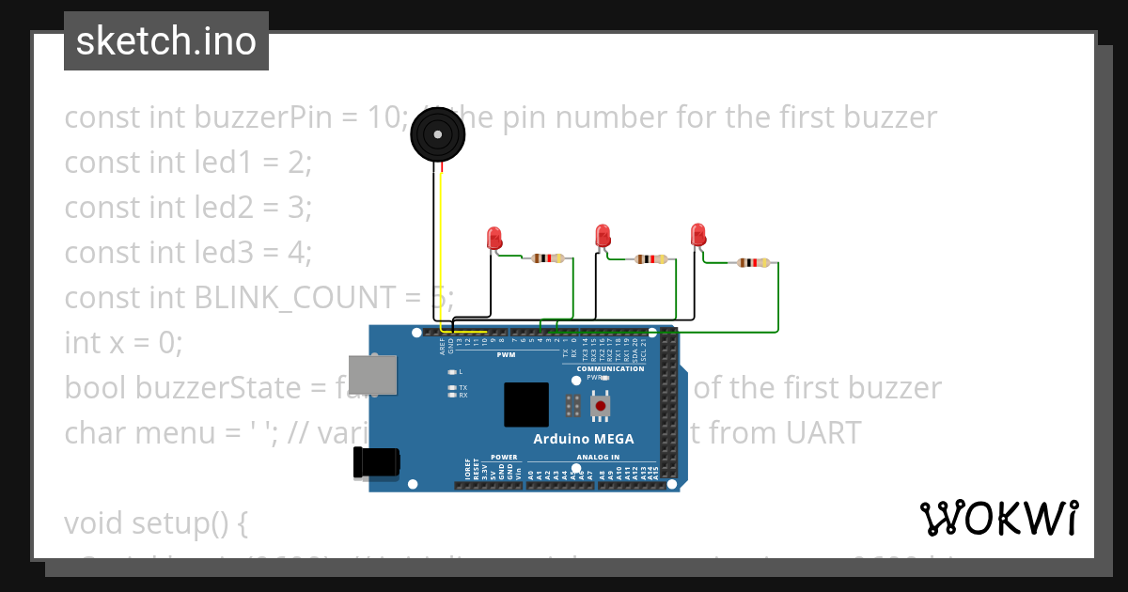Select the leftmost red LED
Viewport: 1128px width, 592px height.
(x=494, y=238)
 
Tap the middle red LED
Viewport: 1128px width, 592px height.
(x=603, y=235)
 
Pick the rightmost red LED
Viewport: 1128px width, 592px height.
(x=697, y=234)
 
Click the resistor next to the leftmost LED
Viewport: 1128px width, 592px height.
(x=548, y=258)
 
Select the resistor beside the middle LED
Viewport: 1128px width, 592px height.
(x=651, y=259)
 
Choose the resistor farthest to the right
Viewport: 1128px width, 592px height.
(x=752, y=263)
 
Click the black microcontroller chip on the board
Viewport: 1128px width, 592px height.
(x=525, y=405)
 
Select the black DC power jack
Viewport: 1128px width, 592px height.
(x=376, y=462)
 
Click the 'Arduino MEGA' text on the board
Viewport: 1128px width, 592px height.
(x=583, y=439)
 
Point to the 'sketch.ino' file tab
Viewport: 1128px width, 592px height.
(x=166, y=41)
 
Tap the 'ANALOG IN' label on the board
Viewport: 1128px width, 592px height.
(x=598, y=458)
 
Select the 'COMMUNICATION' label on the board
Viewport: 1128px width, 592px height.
(x=610, y=369)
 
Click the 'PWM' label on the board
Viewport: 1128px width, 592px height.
(x=506, y=355)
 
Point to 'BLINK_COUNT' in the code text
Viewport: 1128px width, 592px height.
(x=295, y=297)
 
